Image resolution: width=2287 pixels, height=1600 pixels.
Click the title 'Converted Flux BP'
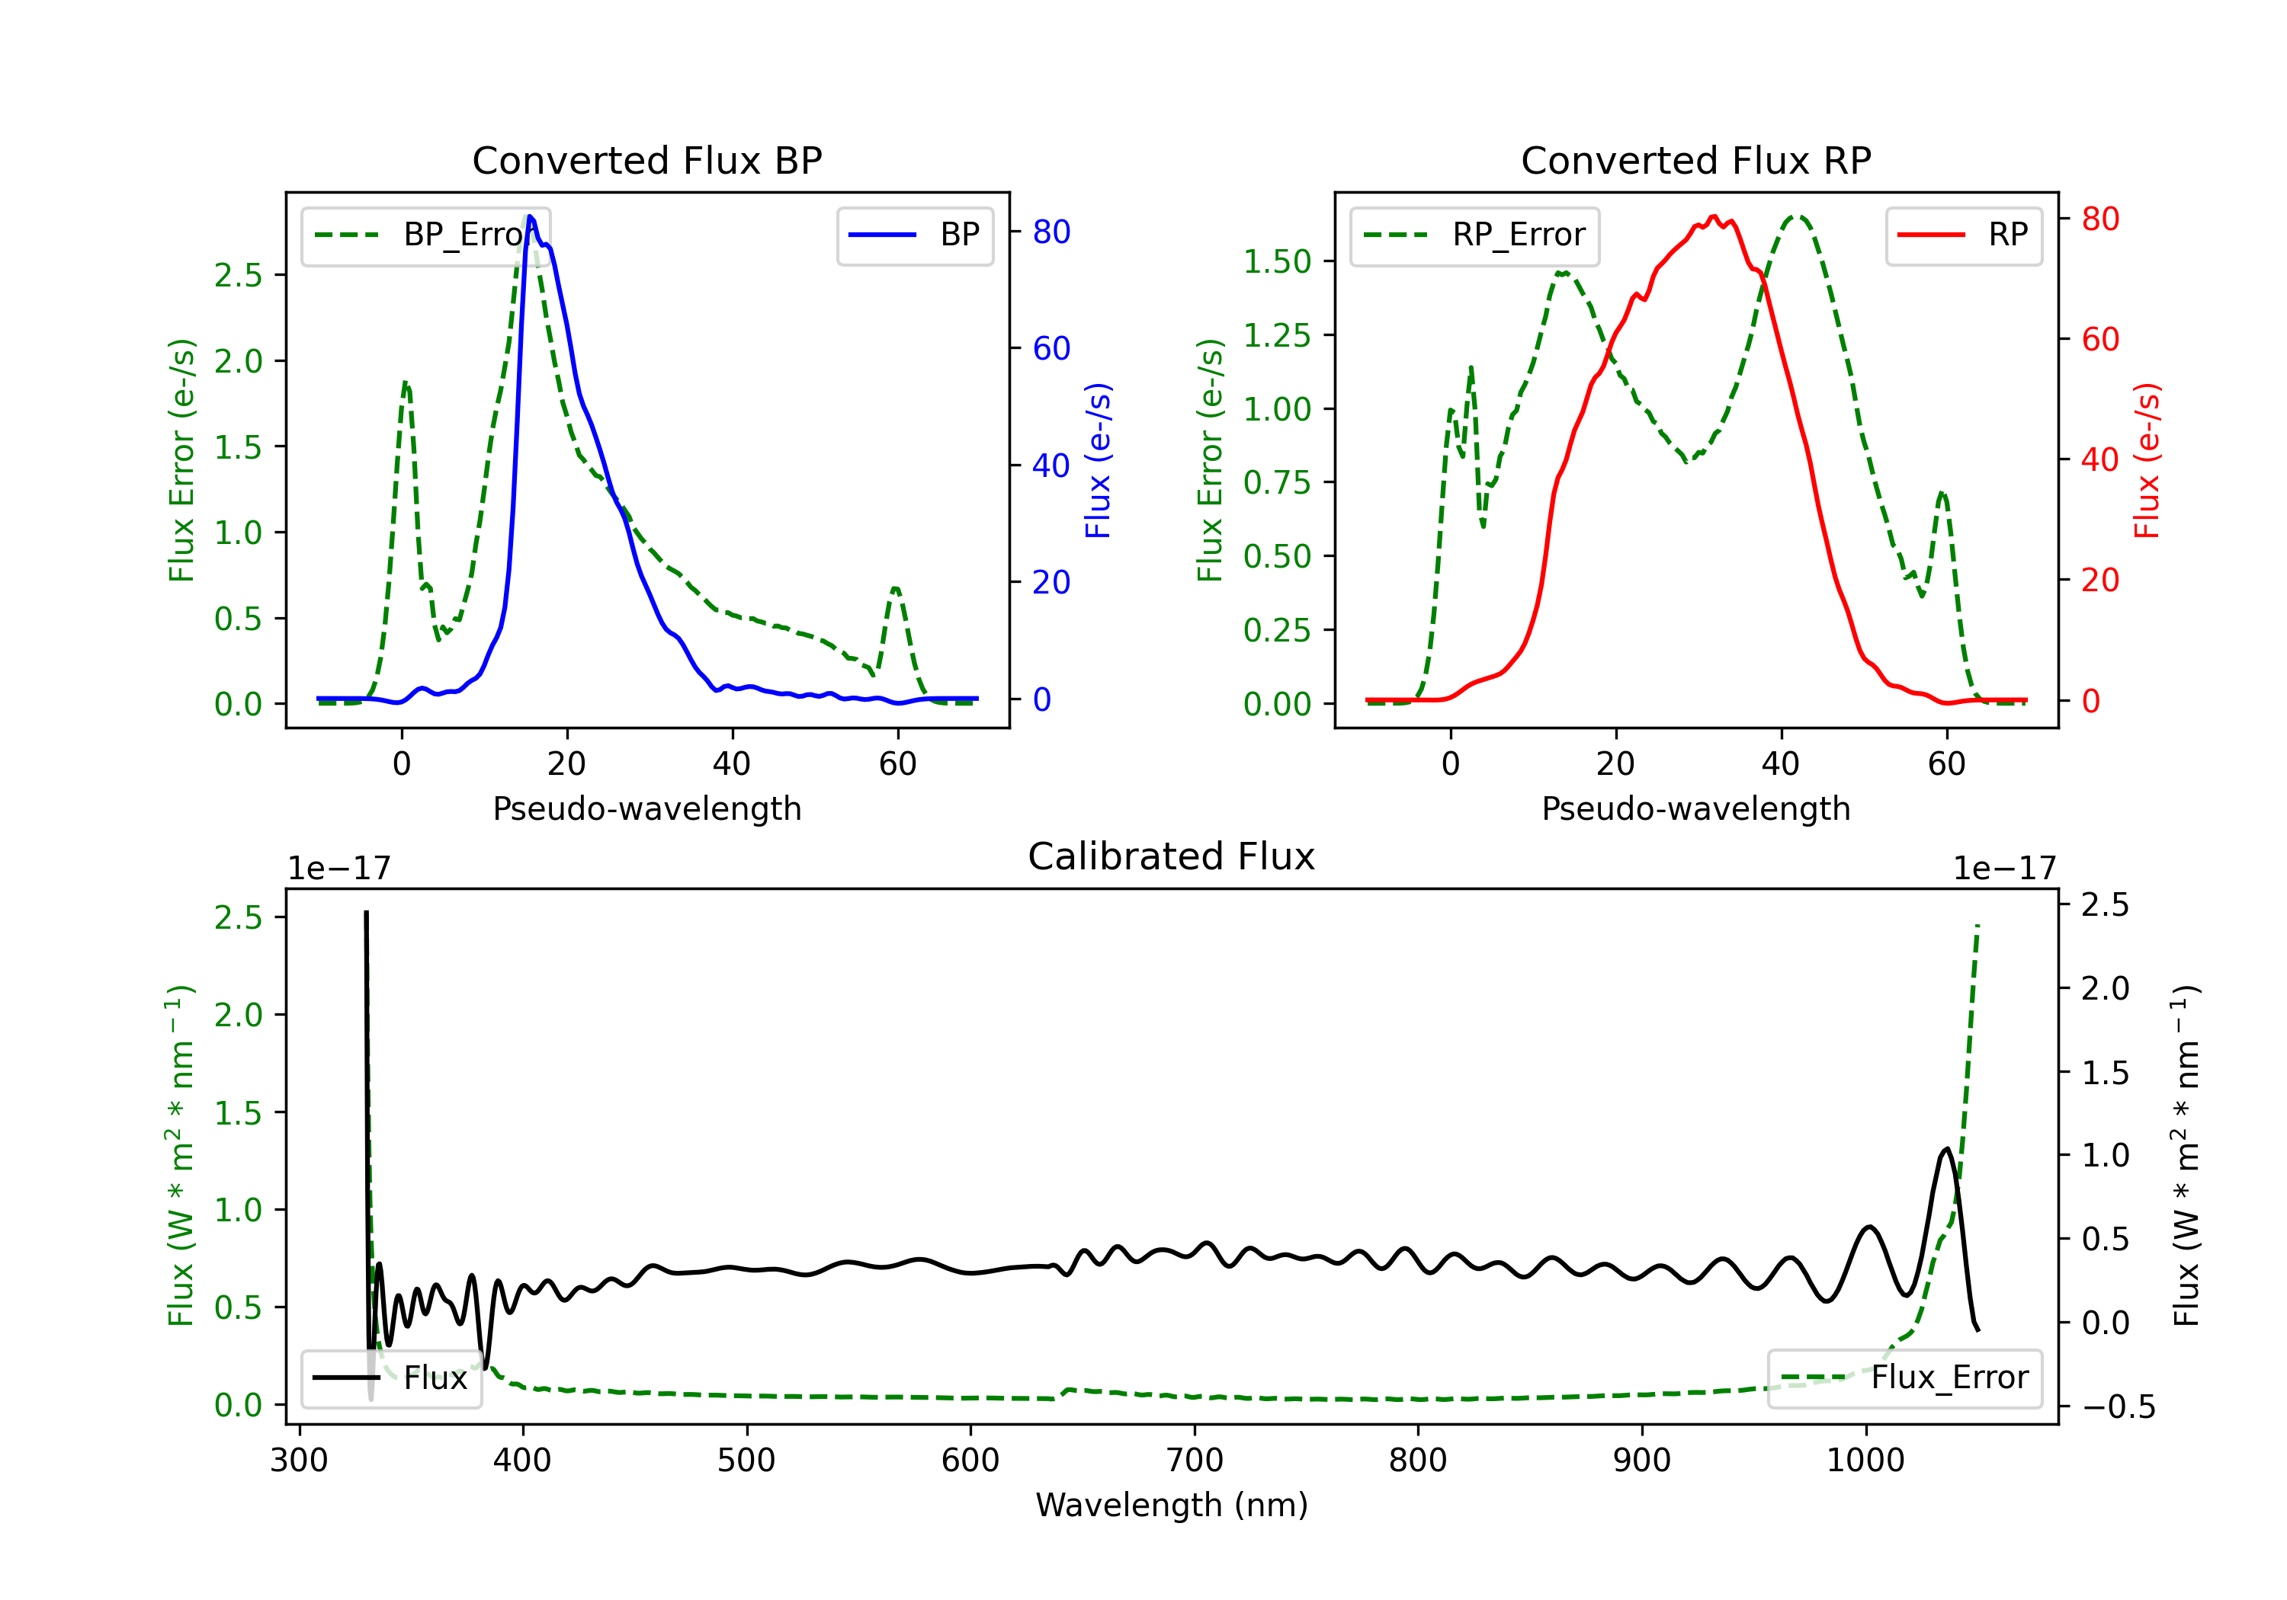coord(646,160)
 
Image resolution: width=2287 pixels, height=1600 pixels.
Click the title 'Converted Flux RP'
coord(1695,160)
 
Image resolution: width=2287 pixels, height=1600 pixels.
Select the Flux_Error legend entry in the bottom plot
coord(1904,1378)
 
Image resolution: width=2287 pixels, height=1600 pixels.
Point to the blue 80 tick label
coord(1050,232)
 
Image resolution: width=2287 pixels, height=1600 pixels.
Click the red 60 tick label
coord(2099,340)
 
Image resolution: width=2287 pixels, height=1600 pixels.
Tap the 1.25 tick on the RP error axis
coord(1276,335)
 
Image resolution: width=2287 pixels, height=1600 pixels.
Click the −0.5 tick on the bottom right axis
coord(2118,1406)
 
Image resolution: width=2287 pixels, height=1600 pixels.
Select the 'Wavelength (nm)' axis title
coord(1172,1505)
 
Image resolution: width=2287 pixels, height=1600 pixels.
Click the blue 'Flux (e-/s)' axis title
coord(1098,461)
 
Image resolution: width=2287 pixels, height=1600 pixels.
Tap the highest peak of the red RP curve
coord(1713,216)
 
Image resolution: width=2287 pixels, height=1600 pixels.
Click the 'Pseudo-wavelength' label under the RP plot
coord(1695,808)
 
